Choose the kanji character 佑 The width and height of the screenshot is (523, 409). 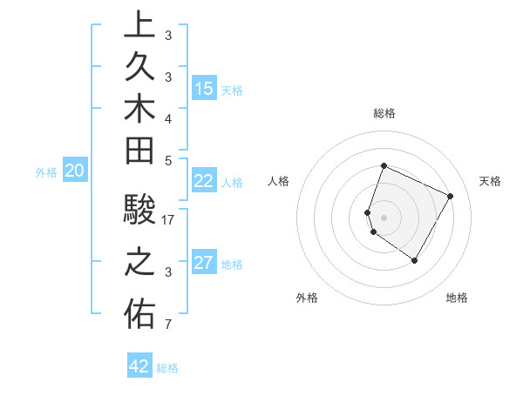(x=139, y=314)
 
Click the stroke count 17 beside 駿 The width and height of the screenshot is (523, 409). (x=169, y=220)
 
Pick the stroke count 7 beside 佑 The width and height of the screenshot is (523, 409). (x=168, y=325)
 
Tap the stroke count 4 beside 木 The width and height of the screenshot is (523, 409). (x=168, y=117)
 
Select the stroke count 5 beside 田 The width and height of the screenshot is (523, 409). (x=168, y=160)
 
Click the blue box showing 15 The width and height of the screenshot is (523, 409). (x=204, y=89)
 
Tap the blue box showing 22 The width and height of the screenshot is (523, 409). (x=204, y=181)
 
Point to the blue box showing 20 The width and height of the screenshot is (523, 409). (x=75, y=171)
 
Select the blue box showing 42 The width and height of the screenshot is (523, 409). (x=139, y=366)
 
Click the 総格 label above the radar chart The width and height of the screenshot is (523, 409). (x=384, y=113)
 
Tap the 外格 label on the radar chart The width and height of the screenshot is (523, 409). (x=307, y=298)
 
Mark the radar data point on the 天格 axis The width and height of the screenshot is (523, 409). (x=451, y=196)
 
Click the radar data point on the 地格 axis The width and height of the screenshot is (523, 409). (x=415, y=260)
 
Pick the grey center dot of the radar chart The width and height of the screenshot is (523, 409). (x=384, y=217)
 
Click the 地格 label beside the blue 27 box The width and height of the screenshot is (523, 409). (x=232, y=265)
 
